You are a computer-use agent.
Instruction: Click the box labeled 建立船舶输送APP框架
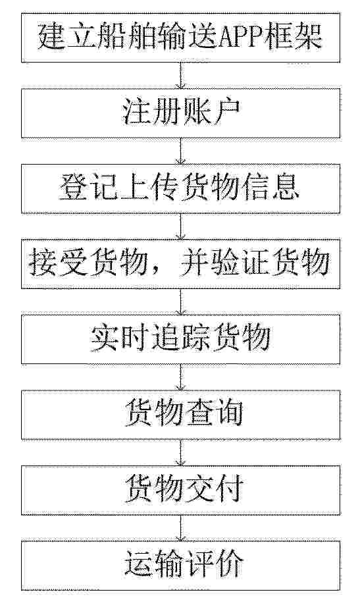pyautogui.click(x=180, y=38)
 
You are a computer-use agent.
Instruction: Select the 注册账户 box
pyautogui.click(x=180, y=113)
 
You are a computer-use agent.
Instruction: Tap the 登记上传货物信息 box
pyautogui.click(x=180, y=188)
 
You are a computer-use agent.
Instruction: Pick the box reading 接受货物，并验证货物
pyautogui.click(x=180, y=264)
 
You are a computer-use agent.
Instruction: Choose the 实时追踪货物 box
pyautogui.click(x=180, y=339)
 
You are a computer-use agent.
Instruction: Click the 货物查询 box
pyautogui.click(x=180, y=415)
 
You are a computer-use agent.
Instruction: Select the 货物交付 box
pyautogui.click(x=180, y=491)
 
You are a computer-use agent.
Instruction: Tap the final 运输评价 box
pyautogui.click(x=180, y=566)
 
